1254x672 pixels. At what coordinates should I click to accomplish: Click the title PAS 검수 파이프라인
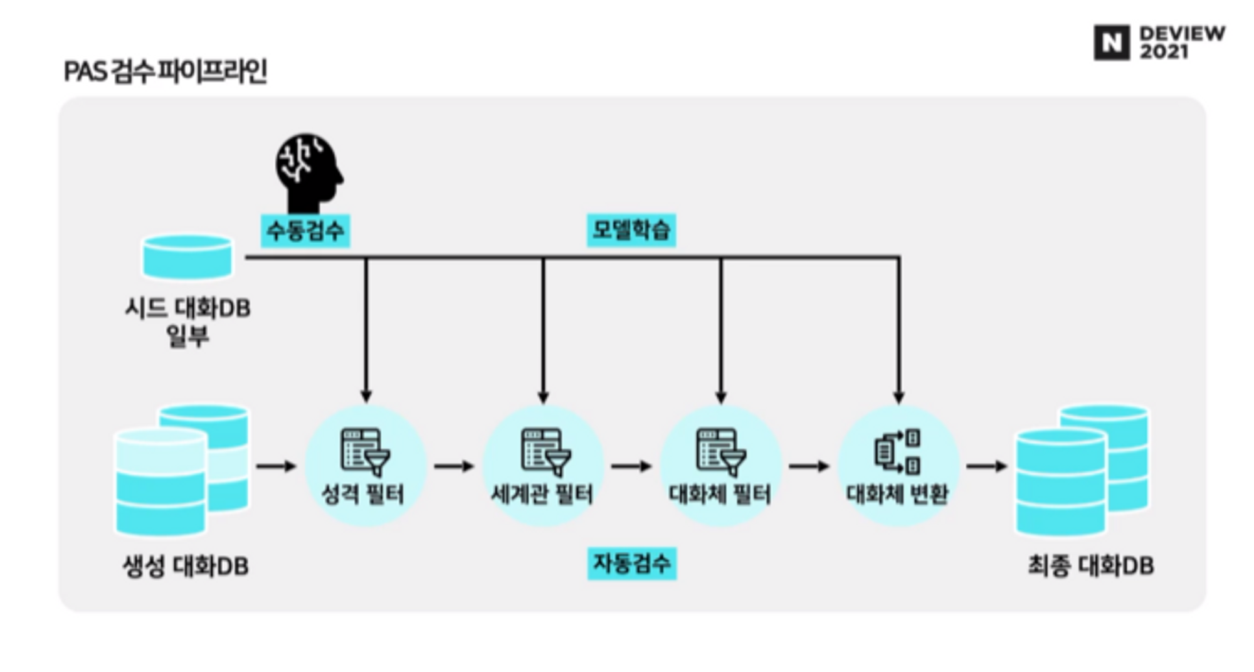click(166, 71)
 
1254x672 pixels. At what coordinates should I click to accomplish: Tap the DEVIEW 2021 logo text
click(1181, 42)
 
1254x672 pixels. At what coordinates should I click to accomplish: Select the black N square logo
click(1112, 43)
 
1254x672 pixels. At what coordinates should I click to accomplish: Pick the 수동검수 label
click(305, 230)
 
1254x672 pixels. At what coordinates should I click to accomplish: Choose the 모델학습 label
click(631, 229)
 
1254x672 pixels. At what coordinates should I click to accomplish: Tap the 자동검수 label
click(631, 563)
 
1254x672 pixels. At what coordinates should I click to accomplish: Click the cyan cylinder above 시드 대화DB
click(187, 256)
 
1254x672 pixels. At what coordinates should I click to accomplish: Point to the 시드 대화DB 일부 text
click(187, 322)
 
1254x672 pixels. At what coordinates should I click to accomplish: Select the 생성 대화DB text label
click(186, 566)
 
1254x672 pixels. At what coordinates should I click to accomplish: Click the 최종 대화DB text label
click(1090, 565)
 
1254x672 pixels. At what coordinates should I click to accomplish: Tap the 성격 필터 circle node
click(365, 466)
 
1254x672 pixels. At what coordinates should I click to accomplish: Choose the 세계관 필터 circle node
click(543, 466)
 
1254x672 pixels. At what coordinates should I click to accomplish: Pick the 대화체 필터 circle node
click(720, 466)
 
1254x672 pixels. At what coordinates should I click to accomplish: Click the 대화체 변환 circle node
click(898, 466)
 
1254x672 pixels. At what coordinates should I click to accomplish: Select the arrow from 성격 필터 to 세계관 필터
click(454, 466)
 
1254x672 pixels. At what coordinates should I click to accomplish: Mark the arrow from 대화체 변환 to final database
click(986, 466)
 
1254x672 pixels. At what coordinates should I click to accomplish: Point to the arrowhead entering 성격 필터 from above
click(366, 396)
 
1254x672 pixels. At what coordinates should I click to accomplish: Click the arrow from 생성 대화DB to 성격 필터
click(276, 466)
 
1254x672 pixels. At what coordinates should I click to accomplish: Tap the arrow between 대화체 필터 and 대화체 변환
click(809, 466)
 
